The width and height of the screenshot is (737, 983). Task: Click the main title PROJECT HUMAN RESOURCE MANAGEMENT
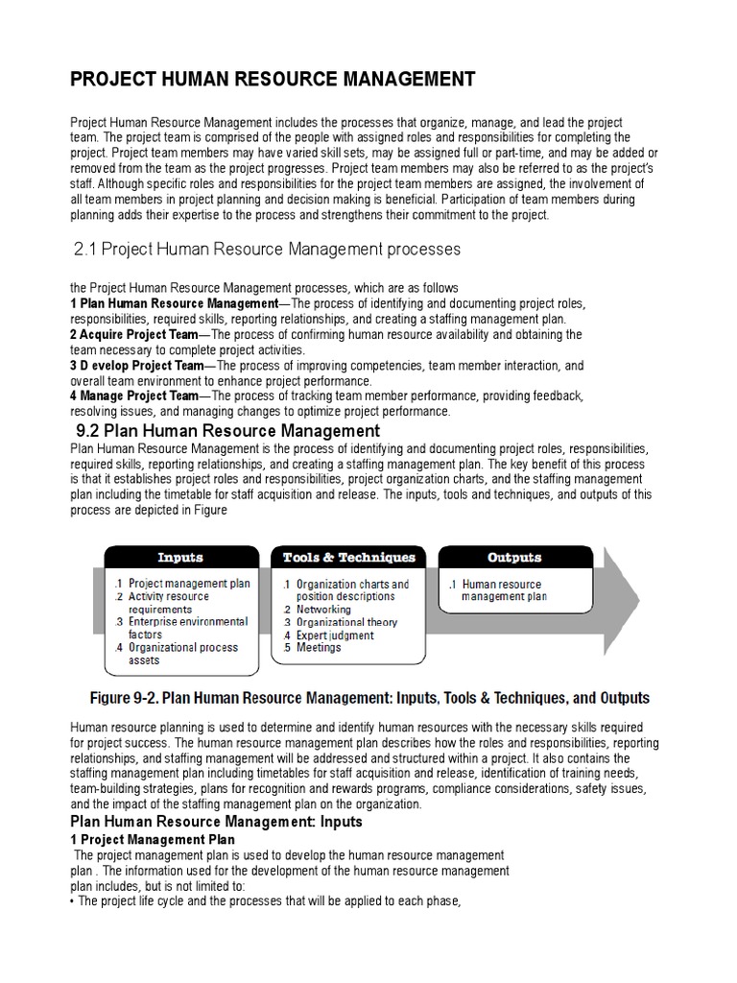tap(273, 80)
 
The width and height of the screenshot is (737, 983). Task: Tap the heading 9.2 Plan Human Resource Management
tap(227, 431)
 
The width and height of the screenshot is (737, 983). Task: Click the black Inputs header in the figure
tap(179, 557)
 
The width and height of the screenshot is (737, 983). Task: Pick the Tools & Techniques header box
tap(349, 557)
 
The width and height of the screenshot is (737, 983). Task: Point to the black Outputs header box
tap(514, 557)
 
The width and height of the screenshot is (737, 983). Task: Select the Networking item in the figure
tap(323, 610)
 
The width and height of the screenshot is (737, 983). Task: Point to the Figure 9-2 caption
tap(368, 698)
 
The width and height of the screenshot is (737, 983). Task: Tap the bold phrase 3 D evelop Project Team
tap(137, 366)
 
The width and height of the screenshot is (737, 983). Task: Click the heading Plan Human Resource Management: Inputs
tap(217, 822)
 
